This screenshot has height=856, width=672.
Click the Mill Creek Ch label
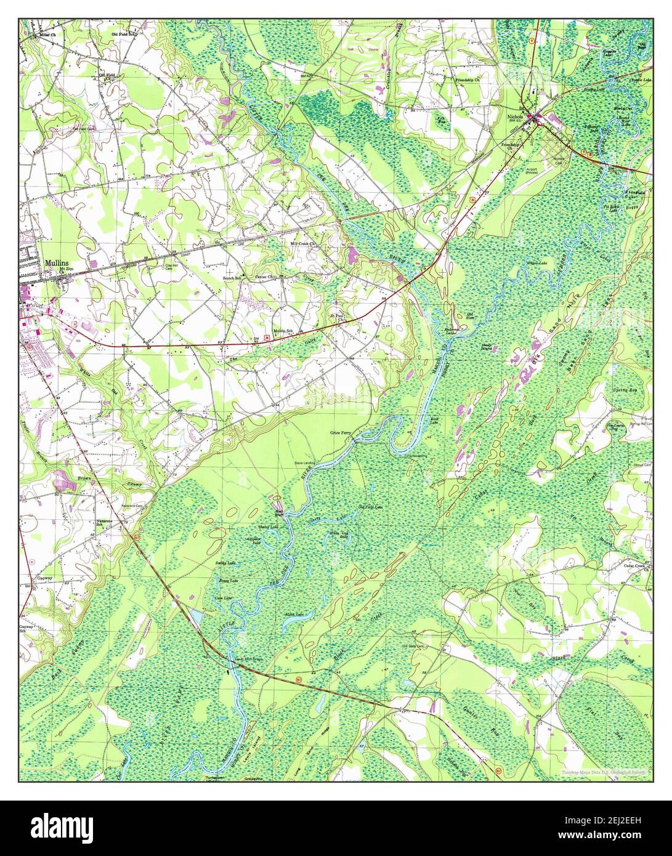tap(303, 244)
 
